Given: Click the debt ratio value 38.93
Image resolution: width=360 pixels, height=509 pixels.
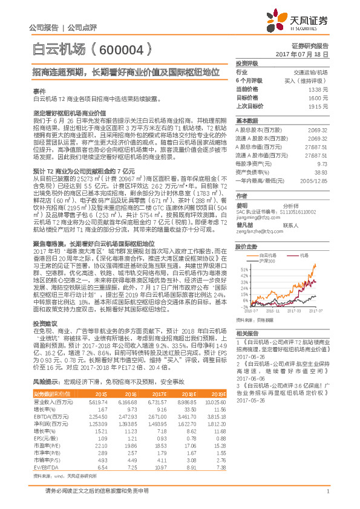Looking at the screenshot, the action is pyautogui.click(x=321, y=172).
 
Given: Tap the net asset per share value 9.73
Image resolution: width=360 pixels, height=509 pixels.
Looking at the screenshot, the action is pyautogui.click(x=322, y=163).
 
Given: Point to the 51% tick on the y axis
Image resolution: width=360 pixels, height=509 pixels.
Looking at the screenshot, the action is pyautogui.click(x=244, y=269).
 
